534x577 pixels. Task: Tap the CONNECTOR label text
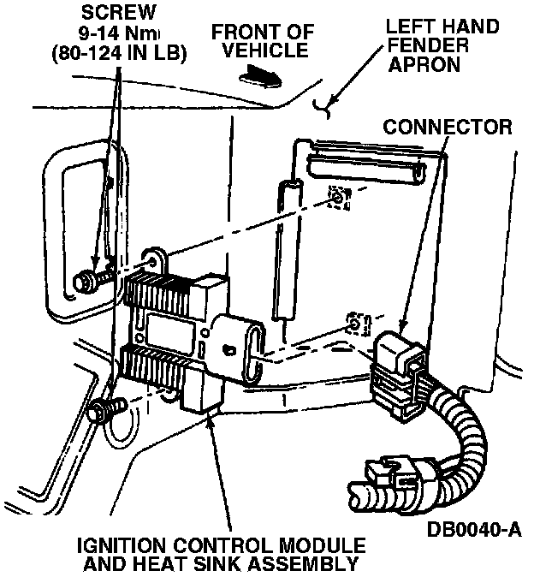(447, 128)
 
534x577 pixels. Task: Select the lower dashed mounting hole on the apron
(353, 326)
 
